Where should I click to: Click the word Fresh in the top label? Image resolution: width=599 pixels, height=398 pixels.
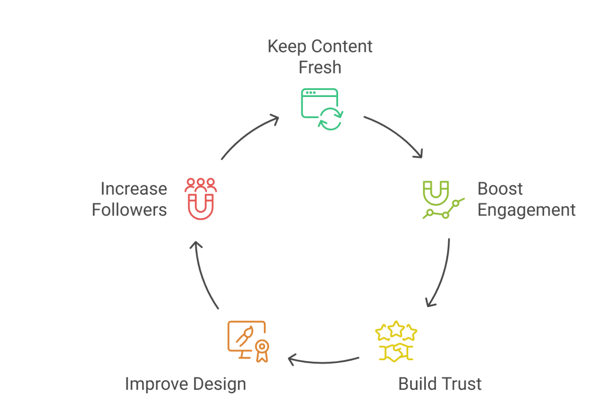tap(320, 67)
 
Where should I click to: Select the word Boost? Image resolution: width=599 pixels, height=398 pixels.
tap(500, 189)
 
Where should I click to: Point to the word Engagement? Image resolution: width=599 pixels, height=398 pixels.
tap(526, 210)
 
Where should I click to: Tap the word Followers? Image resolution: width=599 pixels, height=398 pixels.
tap(129, 210)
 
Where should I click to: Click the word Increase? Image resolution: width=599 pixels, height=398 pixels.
tap(134, 189)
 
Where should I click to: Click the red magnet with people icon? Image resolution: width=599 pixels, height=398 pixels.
tap(200, 199)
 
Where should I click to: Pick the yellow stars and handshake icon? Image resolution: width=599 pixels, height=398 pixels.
tap(396, 341)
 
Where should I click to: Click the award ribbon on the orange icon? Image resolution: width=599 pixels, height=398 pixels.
tap(261, 349)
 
